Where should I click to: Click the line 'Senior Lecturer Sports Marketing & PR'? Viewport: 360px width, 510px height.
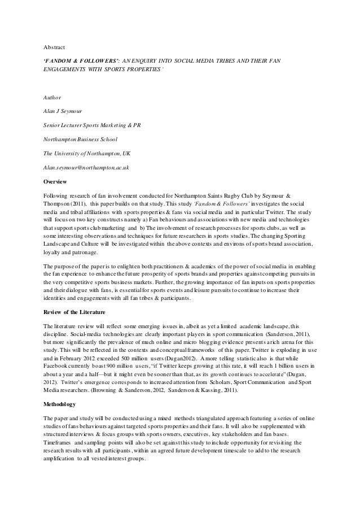[x=93, y=125]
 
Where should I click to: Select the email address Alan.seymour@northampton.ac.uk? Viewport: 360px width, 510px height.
[x=87, y=168]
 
